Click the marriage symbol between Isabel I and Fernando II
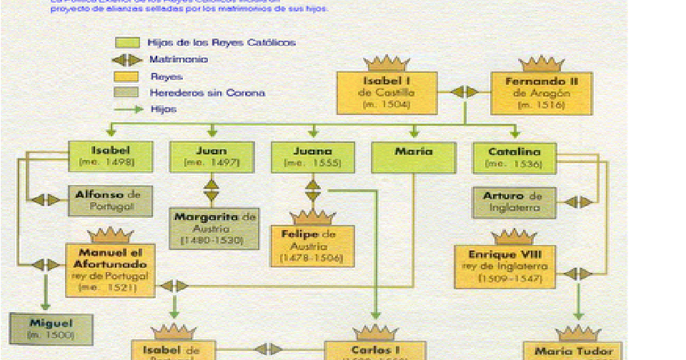[x=464, y=91]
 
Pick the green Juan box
[x=212, y=157]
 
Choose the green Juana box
[x=313, y=157]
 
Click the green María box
[x=414, y=157]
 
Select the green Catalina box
[x=514, y=157]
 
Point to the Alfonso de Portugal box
[x=111, y=201]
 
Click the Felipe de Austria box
[x=313, y=246]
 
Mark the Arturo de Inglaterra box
[x=513, y=202]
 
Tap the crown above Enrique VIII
[x=513, y=237]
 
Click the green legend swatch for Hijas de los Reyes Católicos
[x=128, y=43]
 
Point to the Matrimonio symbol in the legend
[x=128, y=60]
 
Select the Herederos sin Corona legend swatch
[x=128, y=93]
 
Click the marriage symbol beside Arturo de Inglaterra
[x=578, y=203]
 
